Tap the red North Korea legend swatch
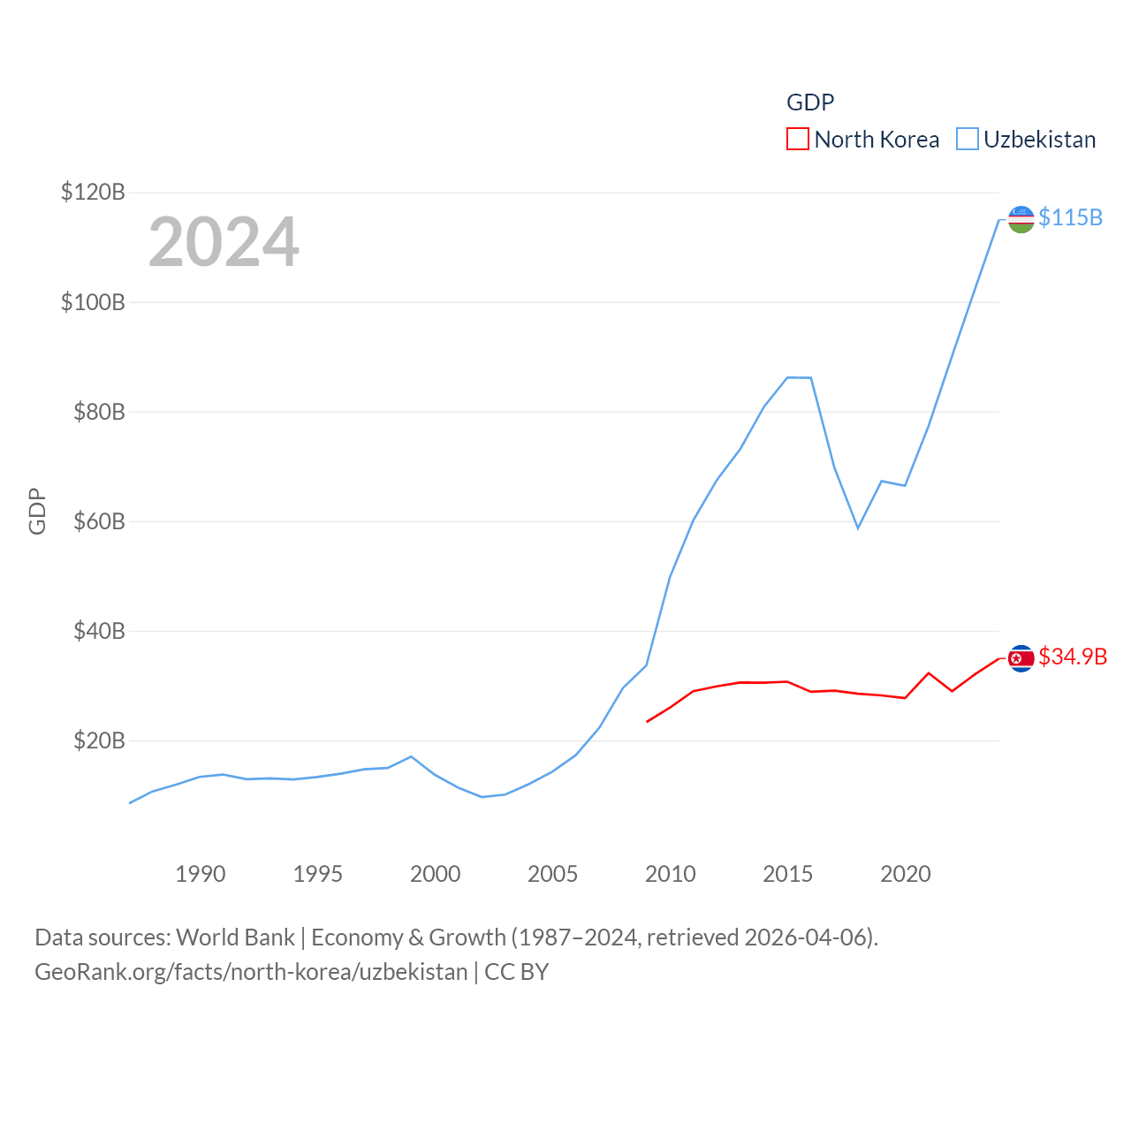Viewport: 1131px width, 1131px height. coord(798,140)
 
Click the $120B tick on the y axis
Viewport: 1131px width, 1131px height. coord(93,192)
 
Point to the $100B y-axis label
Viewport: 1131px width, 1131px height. coord(93,302)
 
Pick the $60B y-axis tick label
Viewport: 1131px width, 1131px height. coord(99,521)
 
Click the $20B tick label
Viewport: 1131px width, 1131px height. coord(99,740)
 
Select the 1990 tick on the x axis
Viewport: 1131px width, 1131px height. coord(201,874)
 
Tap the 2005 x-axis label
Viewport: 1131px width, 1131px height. coord(552,874)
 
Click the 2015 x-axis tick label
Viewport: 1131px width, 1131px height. coord(787,874)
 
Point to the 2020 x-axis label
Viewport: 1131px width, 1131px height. coord(905,874)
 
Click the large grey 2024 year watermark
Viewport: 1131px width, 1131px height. coord(224,242)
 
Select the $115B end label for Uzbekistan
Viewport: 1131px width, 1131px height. coord(1070,217)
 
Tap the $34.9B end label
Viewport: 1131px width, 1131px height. coord(1073,657)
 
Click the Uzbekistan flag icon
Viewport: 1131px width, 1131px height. coord(1021,219)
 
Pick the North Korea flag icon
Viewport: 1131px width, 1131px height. coord(1021,658)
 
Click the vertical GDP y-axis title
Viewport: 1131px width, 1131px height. coord(37,511)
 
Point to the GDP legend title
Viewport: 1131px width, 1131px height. coord(810,102)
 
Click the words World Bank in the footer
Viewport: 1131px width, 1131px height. coord(235,937)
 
